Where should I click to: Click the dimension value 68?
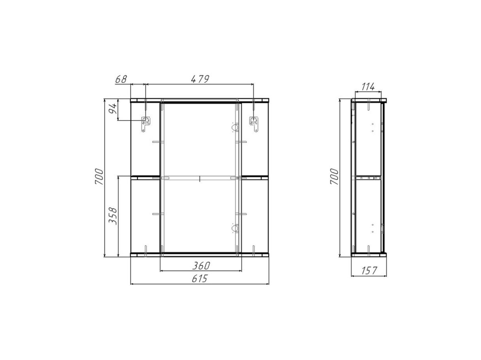coord(121,79)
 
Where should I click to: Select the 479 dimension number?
coord(200,79)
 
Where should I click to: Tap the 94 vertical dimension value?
coord(113,109)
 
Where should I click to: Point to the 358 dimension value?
coord(113,216)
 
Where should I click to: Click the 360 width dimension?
coord(201,266)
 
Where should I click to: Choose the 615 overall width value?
coord(200,279)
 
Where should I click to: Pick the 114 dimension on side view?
coord(368,87)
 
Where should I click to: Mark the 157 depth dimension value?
coord(369,271)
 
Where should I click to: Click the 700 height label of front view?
coord(99,177)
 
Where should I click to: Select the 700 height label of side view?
coord(334,177)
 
